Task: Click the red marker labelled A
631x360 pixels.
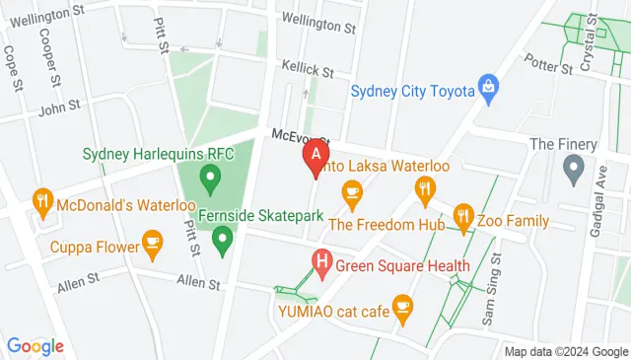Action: pyautogui.click(x=315, y=156)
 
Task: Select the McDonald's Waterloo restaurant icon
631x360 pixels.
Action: pyautogui.click(x=41, y=204)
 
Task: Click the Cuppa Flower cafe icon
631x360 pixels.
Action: pyautogui.click(x=152, y=240)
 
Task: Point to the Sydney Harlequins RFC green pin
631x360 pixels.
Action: pyautogui.click(x=209, y=179)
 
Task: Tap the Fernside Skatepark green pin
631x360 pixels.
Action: pyautogui.click(x=223, y=238)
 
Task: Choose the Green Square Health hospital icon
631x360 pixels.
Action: pyautogui.click(x=320, y=262)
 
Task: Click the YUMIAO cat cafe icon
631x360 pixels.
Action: pyautogui.click(x=401, y=308)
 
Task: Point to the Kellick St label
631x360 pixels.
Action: pyautogui.click(x=308, y=72)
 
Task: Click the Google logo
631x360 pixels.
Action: pyautogui.click(x=35, y=346)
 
